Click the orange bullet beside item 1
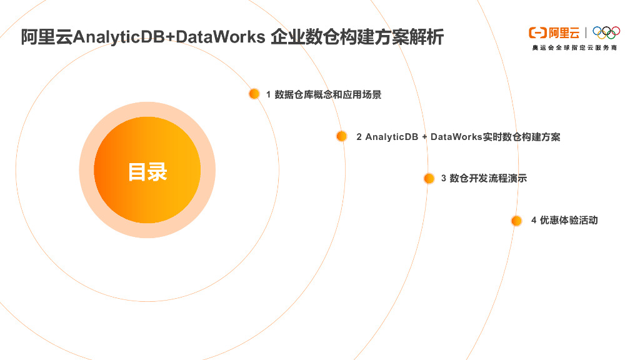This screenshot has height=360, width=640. pyautogui.click(x=254, y=94)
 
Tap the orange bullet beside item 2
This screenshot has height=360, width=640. pyautogui.click(x=341, y=136)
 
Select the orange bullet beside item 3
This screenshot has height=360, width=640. pyautogui.click(x=429, y=178)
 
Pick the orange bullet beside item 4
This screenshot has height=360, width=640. pyautogui.click(x=516, y=221)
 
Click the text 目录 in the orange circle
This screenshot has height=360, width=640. pyautogui.click(x=147, y=171)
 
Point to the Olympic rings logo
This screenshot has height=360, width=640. pyautogui.click(x=606, y=32)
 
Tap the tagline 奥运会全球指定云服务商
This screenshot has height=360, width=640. pyautogui.click(x=574, y=47)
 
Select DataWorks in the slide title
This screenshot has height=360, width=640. pyautogui.click(x=221, y=37)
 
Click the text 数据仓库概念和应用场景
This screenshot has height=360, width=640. pyautogui.click(x=328, y=94)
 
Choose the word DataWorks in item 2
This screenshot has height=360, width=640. pyautogui.click(x=456, y=137)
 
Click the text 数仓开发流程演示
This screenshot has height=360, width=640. pyautogui.click(x=488, y=179)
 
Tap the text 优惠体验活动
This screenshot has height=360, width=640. pyautogui.click(x=569, y=221)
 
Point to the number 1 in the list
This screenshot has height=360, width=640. pyautogui.click(x=269, y=94)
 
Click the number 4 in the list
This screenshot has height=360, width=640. pyautogui.click(x=534, y=221)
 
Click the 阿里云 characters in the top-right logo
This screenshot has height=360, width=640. pyautogui.click(x=563, y=32)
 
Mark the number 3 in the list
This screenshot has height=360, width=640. pyautogui.click(x=444, y=179)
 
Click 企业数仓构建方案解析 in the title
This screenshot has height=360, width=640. pyautogui.click(x=357, y=37)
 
